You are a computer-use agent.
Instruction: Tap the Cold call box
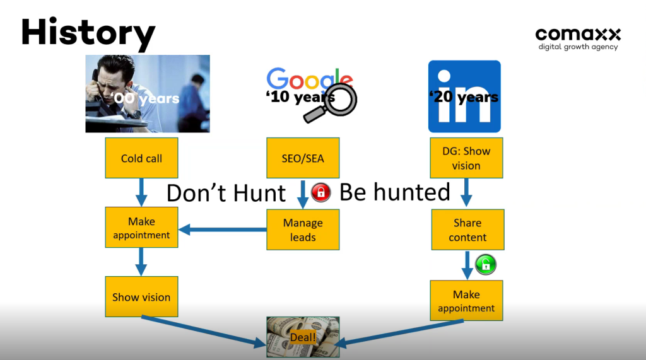coord(141,158)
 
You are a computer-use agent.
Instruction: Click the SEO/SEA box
coord(303,158)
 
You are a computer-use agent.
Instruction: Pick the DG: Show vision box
coord(466,158)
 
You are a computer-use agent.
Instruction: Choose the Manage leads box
coord(303,229)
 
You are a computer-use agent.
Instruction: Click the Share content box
coord(467,229)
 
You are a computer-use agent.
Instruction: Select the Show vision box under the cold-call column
coord(141,296)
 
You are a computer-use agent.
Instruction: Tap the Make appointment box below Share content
coord(466,300)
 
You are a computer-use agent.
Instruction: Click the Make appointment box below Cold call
coord(141,228)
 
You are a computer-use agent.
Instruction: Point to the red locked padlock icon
coord(321,192)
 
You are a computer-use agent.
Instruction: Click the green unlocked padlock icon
coord(486,264)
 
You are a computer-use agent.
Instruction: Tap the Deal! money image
coord(303,337)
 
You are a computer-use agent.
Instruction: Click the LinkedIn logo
coord(464,96)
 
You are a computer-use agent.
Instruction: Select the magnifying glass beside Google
coord(331,103)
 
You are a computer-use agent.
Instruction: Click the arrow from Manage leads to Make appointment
coord(223,229)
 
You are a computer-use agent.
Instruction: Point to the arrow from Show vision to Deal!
coord(204,331)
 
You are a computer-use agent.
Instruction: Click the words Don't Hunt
coord(226,193)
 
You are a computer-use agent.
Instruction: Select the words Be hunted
coord(395,192)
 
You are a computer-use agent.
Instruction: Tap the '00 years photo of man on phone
coord(148,93)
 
